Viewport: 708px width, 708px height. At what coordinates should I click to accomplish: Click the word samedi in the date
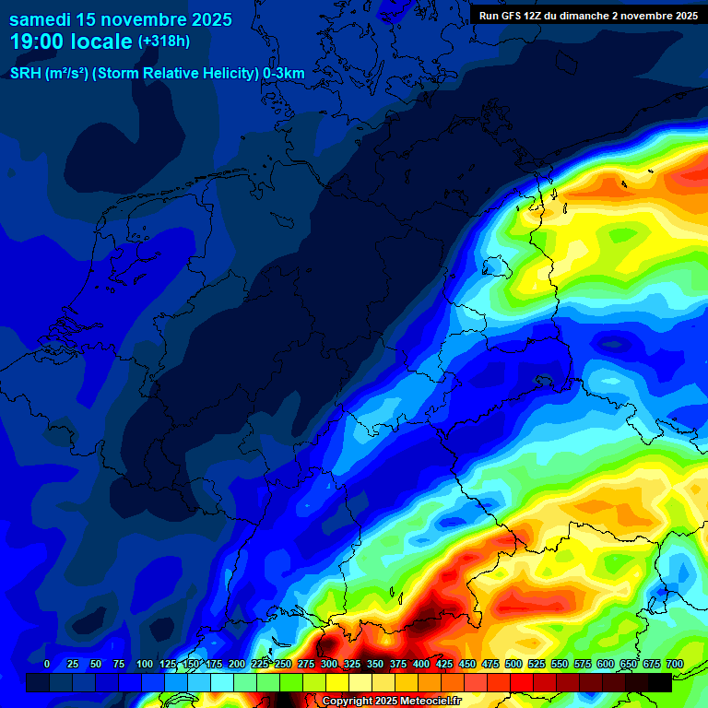coord(41,18)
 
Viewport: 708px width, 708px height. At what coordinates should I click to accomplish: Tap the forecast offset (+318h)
coord(163,41)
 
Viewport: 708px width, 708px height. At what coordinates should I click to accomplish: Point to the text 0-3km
coord(284,74)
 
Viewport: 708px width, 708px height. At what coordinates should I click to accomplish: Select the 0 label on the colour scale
coord(47,665)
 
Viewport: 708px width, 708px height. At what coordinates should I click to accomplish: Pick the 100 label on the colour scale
coord(145,665)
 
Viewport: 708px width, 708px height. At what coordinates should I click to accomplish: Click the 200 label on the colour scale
coord(237,665)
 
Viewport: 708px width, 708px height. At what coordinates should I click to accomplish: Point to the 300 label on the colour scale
coord(329,665)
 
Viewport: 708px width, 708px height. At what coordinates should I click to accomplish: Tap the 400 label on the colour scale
coord(421,665)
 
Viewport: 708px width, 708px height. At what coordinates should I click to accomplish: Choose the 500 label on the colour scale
coord(513,665)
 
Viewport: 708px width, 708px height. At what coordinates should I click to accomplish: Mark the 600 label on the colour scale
coord(606,665)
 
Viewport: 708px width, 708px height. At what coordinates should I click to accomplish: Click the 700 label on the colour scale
coord(674,665)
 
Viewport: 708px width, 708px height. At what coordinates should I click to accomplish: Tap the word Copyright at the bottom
coord(348,701)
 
